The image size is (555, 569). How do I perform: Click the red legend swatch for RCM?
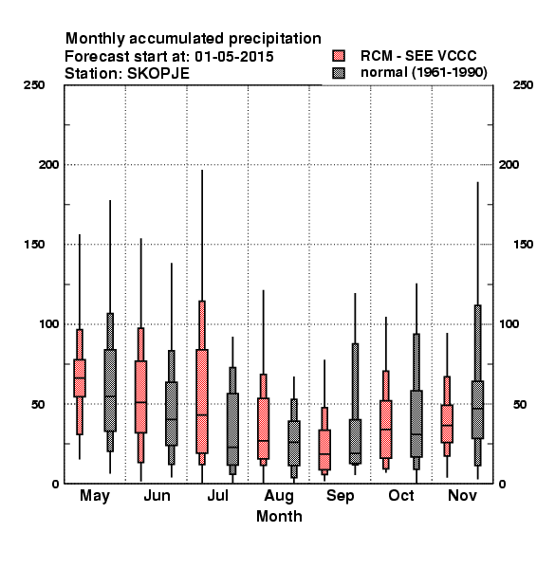click(x=339, y=56)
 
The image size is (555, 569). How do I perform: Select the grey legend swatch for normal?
click(x=339, y=73)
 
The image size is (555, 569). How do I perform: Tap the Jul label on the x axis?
click(x=218, y=495)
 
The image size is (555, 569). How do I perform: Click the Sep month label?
click(x=340, y=496)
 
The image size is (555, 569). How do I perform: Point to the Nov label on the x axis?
click(x=462, y=495)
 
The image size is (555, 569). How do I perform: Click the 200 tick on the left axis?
click(x=48, y=164)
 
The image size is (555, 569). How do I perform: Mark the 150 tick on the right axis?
click(x=523, y=245)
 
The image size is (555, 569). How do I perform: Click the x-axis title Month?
click(x=279, y=517)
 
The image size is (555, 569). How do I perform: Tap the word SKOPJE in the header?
click(x=158, y=74)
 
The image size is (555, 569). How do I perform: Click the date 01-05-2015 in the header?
click(x=234, y=57)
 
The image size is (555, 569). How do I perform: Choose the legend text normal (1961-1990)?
click(x=424, y=73)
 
